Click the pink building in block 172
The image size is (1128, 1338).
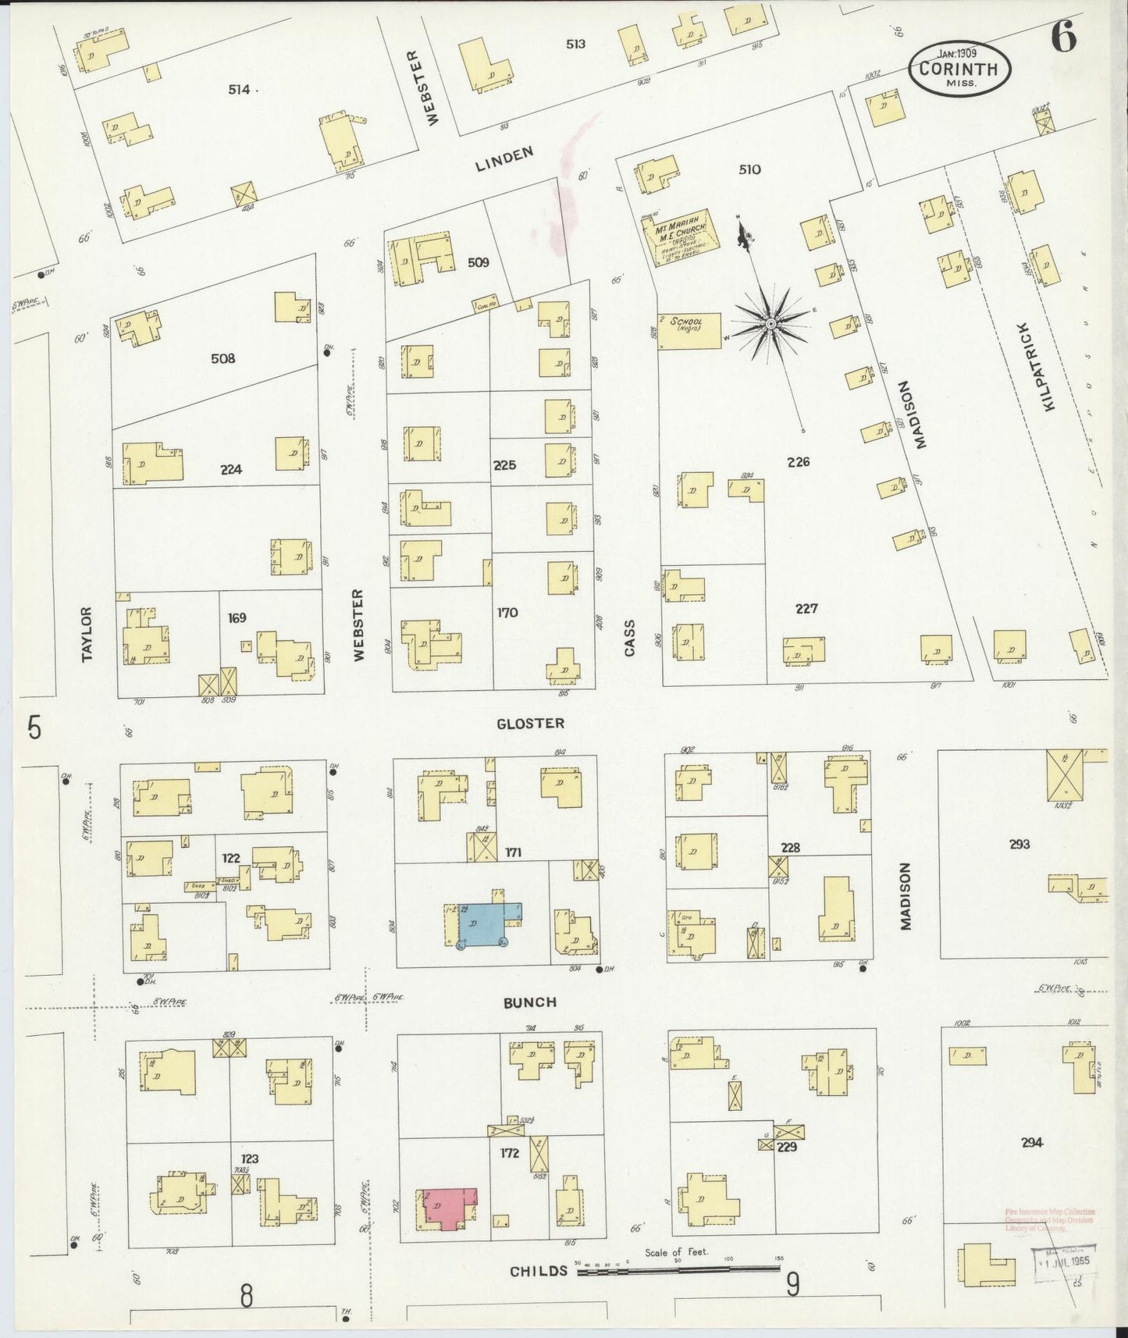pos(447,1208)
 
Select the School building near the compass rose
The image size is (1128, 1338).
pos(689,330)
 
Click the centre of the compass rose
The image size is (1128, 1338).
pos(771,323)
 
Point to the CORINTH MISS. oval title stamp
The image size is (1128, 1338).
pos(959,69)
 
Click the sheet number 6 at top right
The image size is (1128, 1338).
pos(1063,37)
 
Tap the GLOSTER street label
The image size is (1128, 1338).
pos(530,724)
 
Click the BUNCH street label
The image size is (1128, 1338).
pos(530,1002)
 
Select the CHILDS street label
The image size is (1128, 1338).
pos(539,1272)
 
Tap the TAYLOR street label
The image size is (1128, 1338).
pos(87,635)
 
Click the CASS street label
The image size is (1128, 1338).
pos(629,637)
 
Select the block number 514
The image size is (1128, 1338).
pos(239,90)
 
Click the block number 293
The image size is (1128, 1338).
pos(1019,844)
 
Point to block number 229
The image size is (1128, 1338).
pos(786,1148)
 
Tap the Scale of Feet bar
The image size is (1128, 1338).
pos(679,1270)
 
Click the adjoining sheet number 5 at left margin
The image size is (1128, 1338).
pos(34,728)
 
